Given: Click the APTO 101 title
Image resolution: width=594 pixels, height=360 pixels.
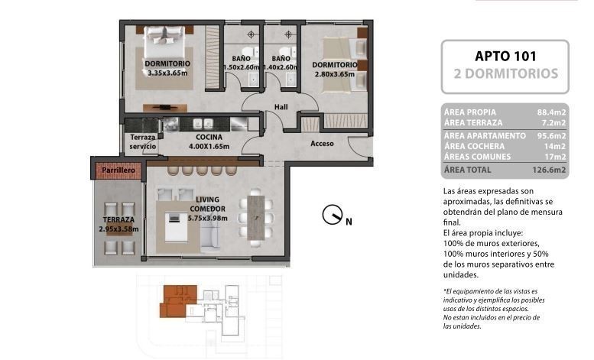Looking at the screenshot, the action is point(505,57).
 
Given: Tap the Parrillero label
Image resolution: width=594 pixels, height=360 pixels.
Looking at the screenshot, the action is point(118,170).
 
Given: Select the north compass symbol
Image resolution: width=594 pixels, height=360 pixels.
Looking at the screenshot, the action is point(333,215).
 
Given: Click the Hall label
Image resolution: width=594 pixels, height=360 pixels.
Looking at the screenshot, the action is point(281,107).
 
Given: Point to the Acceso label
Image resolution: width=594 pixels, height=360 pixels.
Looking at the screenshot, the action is point(322,144).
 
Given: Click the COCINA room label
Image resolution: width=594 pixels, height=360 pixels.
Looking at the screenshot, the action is point(209,137).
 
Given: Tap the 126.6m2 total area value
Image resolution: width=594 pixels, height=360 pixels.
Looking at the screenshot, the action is point(549,170).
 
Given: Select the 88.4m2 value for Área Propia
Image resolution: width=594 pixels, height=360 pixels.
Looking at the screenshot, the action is point(551,112).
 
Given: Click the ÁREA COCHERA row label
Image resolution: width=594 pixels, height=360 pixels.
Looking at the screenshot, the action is point(474,146).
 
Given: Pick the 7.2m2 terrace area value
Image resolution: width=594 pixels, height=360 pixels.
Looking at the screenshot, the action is point(553,123).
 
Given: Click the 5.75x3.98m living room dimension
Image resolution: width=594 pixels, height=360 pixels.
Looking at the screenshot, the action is point(208,218).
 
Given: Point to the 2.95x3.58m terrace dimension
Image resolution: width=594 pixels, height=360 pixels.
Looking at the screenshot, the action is point(118,229).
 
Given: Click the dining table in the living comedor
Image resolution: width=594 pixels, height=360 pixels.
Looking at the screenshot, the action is point(255,218).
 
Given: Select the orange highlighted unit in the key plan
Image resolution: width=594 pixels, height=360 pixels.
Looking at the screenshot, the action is point(178,300).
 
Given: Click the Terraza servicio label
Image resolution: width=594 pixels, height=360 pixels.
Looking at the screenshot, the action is point(143,141).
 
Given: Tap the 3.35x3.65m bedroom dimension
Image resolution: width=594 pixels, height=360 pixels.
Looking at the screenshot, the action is point(167,73).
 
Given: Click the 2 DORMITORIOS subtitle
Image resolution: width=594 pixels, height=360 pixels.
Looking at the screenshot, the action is point(506,73).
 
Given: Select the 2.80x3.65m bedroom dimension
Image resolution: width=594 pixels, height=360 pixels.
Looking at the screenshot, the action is point(335,74).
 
